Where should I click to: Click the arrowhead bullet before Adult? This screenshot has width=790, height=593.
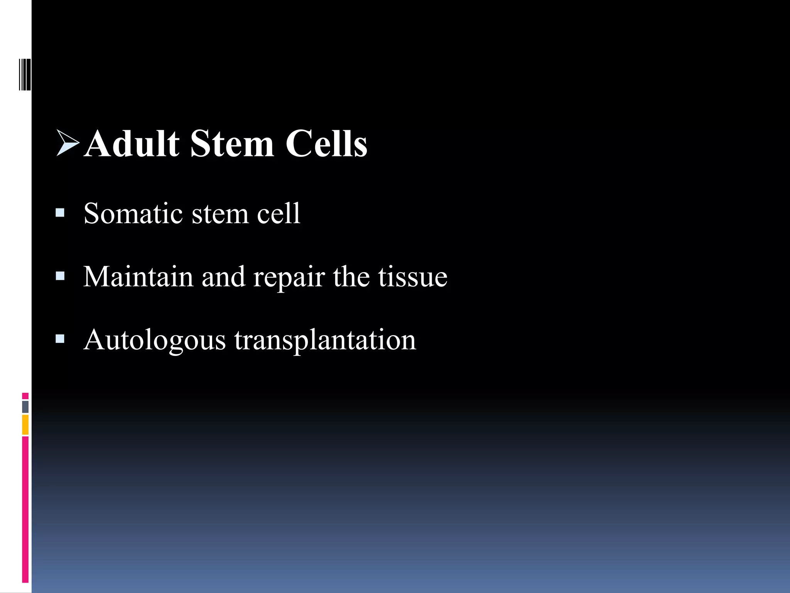(x=68, y=143)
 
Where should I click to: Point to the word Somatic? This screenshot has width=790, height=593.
(x=133, y=213)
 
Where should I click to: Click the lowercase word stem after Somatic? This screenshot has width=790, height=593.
(x=220, y=213)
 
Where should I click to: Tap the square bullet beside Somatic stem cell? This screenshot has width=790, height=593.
(x=60, y=213)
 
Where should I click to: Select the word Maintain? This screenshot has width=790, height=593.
(x=138, y=277)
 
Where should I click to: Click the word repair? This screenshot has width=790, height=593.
(x=289, y=277)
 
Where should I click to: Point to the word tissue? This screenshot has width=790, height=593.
(x=412, y=277)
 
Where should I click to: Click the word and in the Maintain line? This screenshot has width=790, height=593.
(x=223, y=277)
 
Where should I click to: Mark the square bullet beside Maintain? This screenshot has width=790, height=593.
(x=60, y=276)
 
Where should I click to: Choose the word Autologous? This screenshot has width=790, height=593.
(x=155, y=340)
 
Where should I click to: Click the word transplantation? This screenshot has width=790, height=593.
(x=325, y=340)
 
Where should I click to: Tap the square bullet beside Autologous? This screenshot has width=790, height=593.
(x=60, y=339)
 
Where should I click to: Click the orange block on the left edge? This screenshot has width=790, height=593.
(x=25, y=425)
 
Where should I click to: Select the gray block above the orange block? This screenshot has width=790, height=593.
(x=25, y=407)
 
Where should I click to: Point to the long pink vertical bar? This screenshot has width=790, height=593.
(x=25, y=510)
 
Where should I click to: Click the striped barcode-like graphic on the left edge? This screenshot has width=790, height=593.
(x=25, y=75)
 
